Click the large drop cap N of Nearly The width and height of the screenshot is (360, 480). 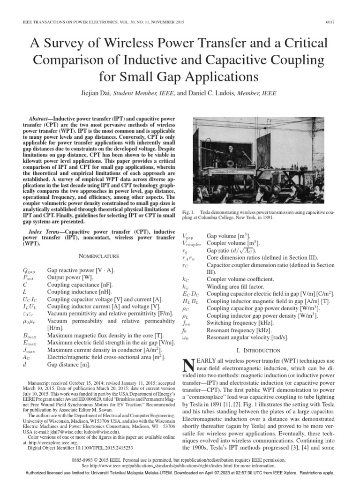tap(188, 366)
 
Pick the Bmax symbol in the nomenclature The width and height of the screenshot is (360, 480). tap(30, 337)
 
